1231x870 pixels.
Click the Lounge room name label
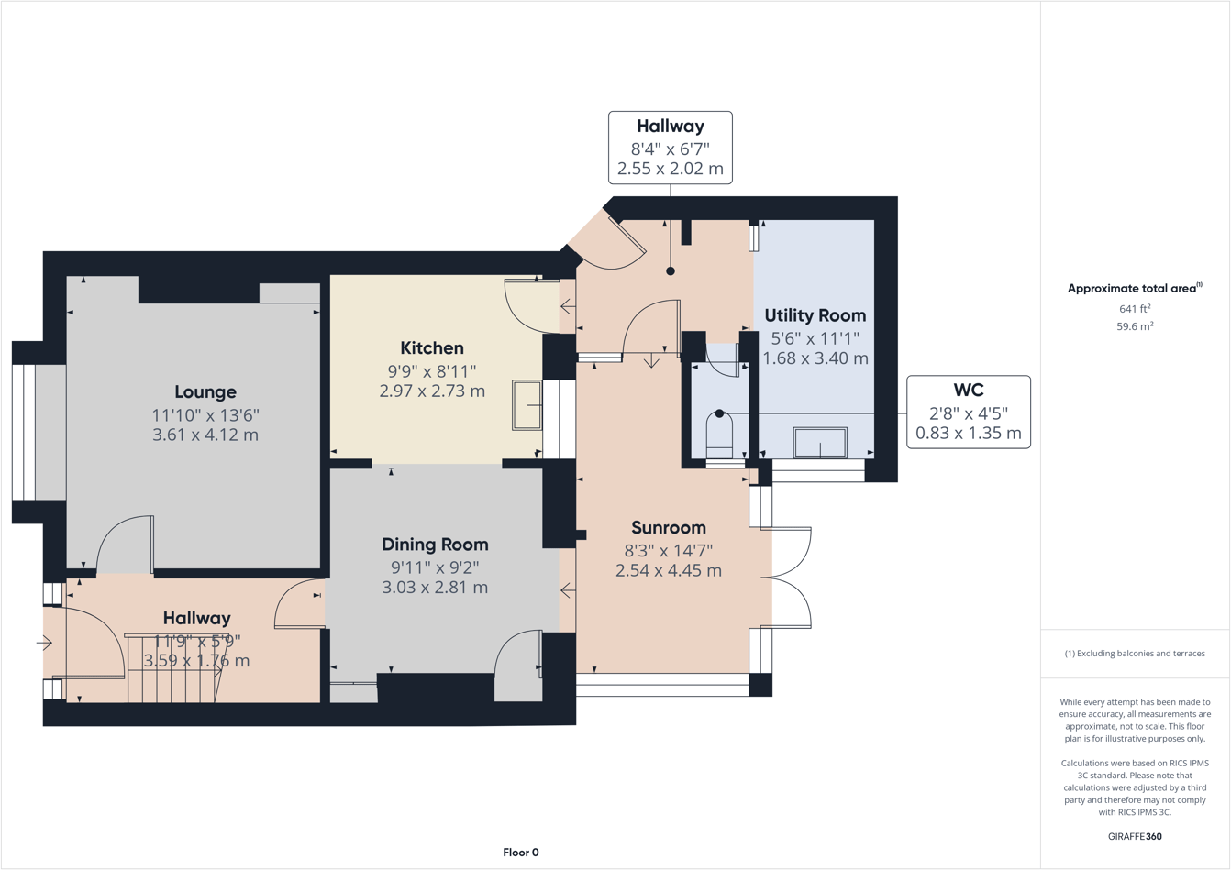click(x=205, y=392)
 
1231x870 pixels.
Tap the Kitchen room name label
click(x=432, y=348)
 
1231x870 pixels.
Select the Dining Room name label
click(x=435, y=545)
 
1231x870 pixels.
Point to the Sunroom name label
click(x=669, y=528)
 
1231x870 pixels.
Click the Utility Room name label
click(x=815, y=315)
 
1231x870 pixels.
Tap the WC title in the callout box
click(x=968, y=391)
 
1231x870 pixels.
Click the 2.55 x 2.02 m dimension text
click(x=670, y=169)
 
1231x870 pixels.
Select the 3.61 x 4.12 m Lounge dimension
click(x=205, y=435)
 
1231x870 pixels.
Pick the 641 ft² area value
click(x=1135, y=309)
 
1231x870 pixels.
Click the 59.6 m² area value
click(x=1135, y=326)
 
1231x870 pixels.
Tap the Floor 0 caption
click(x=521, y=853)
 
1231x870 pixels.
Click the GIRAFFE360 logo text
click(x=1135, y=836)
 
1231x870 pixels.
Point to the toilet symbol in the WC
click(x=719, y=435)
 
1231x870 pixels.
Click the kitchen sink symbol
click(x=527, y=404)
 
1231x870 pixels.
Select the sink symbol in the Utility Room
click(x=820, y=443)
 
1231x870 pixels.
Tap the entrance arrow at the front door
click(x=44, y=644)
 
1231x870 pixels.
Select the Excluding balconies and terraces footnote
click(x=1135, y=654)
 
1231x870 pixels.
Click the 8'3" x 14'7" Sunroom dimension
click(x=669, y=551)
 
